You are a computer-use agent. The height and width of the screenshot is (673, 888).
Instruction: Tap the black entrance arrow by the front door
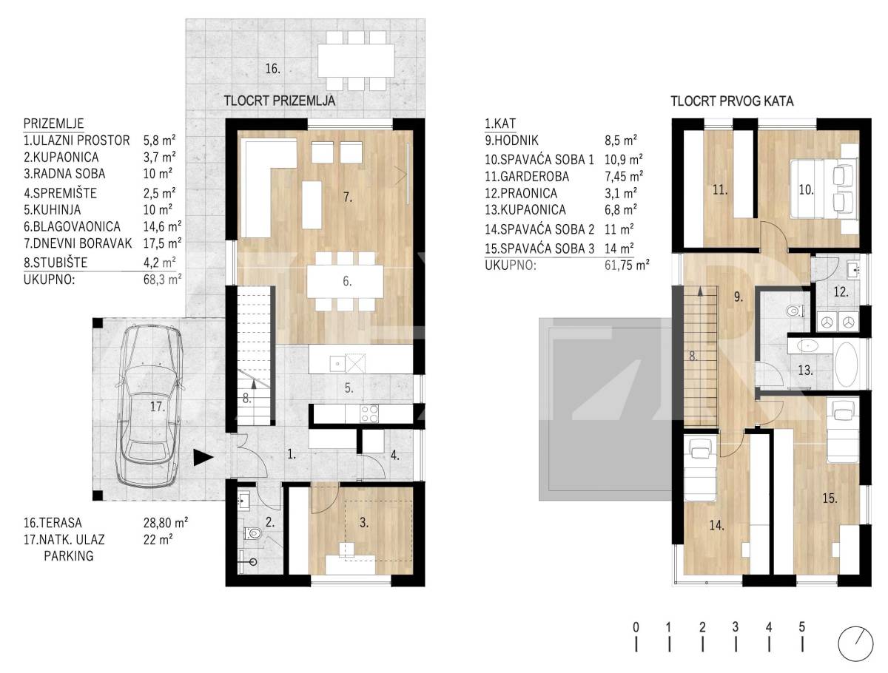[x=203, y=457]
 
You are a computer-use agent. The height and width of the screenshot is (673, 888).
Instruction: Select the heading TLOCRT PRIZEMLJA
[x=280, y=101]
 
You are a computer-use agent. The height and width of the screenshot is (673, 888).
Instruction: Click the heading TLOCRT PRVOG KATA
[x=732, y=101]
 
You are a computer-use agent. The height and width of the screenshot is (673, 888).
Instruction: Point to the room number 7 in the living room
[x=348, y=197]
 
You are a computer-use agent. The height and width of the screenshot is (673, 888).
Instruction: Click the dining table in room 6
[x=345, y=281]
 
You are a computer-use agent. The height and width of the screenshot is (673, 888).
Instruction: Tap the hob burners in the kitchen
[x=369, y=413]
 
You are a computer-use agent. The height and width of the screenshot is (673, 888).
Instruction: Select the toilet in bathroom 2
[x=252, y=534]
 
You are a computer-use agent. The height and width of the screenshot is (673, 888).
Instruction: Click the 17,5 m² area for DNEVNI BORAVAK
[x=162, y=243]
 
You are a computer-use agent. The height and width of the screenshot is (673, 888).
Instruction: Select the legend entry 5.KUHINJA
[x=53, y=210]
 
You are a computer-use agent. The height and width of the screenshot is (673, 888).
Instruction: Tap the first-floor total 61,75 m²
[x=627, y=266]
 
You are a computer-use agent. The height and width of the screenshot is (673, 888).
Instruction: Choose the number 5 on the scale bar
[x=802, y=627]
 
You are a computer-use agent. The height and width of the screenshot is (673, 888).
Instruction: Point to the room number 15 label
[x=830, y=498]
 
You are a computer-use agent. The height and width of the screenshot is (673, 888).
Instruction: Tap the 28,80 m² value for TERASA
[x=166, y=523]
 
